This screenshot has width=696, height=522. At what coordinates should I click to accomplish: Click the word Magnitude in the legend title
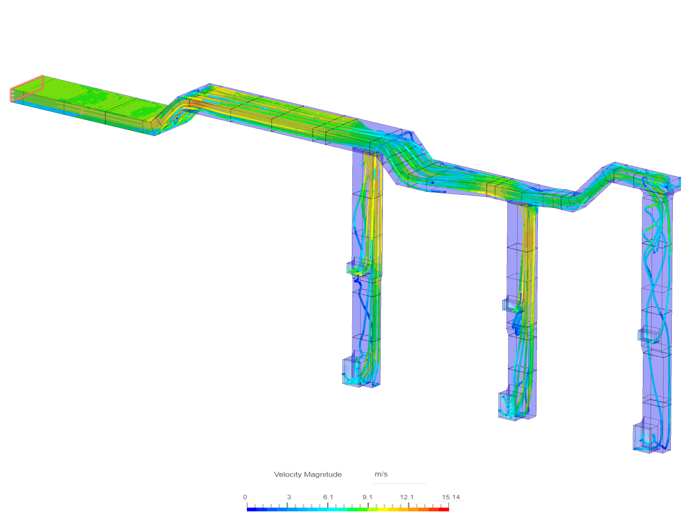click(324, 475)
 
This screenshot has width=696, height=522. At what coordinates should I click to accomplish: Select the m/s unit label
click(381, 474)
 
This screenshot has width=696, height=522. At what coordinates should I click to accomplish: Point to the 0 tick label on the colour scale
click(245, 497)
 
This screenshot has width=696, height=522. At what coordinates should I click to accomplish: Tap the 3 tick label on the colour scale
click(289, 497)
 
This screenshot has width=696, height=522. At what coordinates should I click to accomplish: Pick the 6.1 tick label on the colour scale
click(328, 497)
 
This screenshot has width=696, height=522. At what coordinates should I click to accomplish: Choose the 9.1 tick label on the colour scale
click(367, 497)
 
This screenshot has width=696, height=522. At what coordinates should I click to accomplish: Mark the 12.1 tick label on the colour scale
click(406, 497)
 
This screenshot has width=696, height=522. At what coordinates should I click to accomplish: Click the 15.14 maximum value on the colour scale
click(450, 497)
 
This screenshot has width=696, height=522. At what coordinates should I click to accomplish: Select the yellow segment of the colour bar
click(382, 509)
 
